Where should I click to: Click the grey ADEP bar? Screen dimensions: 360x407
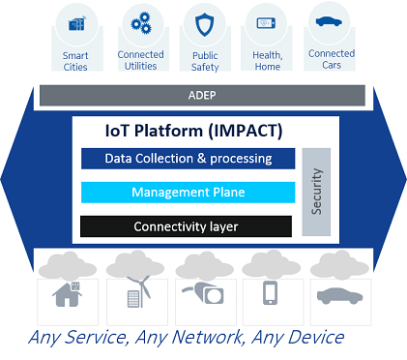point(202,96)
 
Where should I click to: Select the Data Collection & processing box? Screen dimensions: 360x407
point(188,159)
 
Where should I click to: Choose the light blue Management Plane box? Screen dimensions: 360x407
point(188,193)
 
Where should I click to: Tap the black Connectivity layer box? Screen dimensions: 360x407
point(187,226)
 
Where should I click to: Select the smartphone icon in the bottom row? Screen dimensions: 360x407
point(272,294)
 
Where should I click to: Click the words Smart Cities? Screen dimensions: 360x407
point(75,60)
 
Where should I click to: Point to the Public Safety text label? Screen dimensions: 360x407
point(204,60)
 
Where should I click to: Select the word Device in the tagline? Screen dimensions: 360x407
point(309,338)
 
